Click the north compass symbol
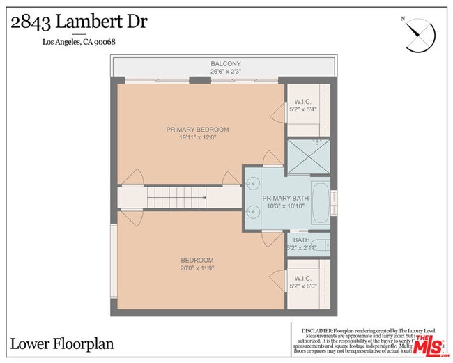[420, 33]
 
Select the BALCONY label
[226, 64]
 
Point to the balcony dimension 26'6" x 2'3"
[226, 72]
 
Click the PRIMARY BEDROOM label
[197, 130]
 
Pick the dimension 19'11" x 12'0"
[197, 137]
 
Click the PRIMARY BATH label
[284, 199]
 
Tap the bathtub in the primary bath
[320, 202]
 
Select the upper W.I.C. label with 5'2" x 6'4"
[302, 105]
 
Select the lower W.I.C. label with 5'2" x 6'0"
[302, 281]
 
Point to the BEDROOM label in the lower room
[197, 261]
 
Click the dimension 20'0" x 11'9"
[197, 268]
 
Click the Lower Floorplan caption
[62, 343]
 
